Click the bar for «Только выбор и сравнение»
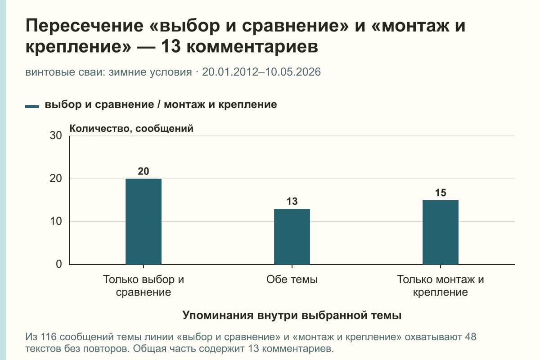coord(144,221)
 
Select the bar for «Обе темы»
coord(292,237)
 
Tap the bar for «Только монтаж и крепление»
coord(441,232)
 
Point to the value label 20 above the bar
coord(144,171)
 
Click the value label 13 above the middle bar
coord(292,201)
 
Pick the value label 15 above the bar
coord(441,193)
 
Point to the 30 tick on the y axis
coord(56,135)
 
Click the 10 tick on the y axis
coord(56,221)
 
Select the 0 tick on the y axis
coord(59,264)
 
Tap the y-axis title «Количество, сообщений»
coord(131,129)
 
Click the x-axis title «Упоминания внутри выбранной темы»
coord(292,315)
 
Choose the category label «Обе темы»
coord(292,279)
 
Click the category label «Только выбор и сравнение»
coord(144,286)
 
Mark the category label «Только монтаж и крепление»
coord(441,286)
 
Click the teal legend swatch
coord(32,107)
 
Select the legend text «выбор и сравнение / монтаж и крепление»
coord(161,105)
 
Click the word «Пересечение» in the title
coord(85,26)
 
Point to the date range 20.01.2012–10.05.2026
coord(261,72)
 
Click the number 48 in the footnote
coord(471,337)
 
